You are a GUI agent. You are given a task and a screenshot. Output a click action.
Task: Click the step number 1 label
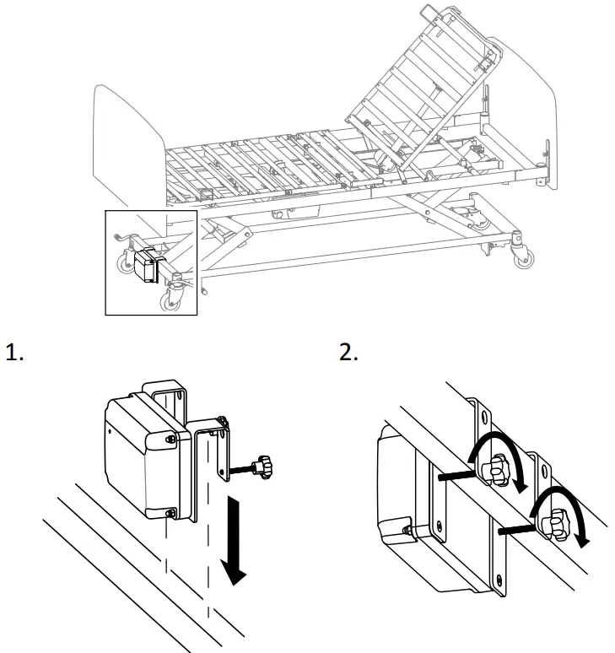click(x=15, y=353)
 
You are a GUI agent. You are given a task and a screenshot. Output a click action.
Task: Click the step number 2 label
click(x=348, y=353)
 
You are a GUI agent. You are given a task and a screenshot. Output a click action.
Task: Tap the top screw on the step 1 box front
click(x=172, y=440)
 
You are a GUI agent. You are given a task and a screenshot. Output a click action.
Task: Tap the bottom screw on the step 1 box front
click(x=172, y=512)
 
